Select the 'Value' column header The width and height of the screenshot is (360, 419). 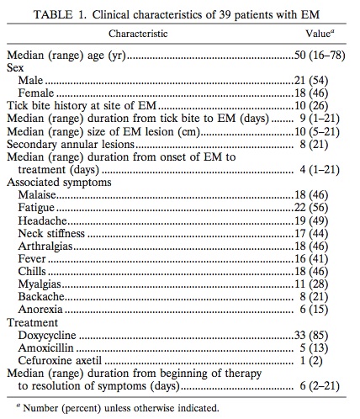point(319,34)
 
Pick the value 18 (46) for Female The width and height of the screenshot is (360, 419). point(329,93)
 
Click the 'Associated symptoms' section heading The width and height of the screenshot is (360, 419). point(57,182)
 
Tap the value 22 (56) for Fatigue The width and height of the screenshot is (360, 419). point(329,207)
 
